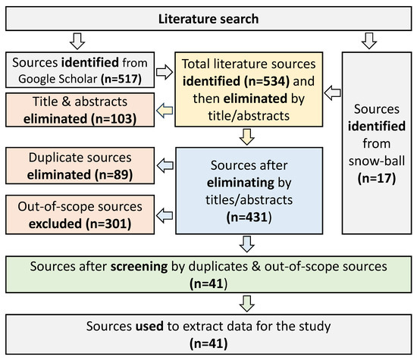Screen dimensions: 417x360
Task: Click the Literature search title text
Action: [208, 19]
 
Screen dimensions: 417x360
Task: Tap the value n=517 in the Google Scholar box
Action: [121, 79]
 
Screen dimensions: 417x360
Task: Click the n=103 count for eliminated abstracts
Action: [114, 119]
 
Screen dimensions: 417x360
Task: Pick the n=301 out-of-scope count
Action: [108, 224]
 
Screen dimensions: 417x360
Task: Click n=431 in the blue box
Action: [249, 218]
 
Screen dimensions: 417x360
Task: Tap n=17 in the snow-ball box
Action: [377, 178]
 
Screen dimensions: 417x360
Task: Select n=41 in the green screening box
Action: [208, 283]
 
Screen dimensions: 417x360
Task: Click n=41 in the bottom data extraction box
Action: [208, 343]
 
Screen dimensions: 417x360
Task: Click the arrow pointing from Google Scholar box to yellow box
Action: [165, 72]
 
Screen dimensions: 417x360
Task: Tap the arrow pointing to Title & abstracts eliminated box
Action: [165, 111]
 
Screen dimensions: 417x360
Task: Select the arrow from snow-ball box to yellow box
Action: [332, 92]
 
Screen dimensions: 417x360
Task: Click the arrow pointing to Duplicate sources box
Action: [165, 165]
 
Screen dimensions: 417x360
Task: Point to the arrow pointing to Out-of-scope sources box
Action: [165, 215]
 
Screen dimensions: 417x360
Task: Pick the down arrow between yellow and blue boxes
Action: [247, 137]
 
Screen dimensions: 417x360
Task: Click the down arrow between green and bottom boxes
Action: [247, 304]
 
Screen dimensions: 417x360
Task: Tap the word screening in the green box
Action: [139, 267]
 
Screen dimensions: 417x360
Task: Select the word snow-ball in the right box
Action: [377, 161]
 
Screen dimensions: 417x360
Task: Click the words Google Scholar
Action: [58, 79]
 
